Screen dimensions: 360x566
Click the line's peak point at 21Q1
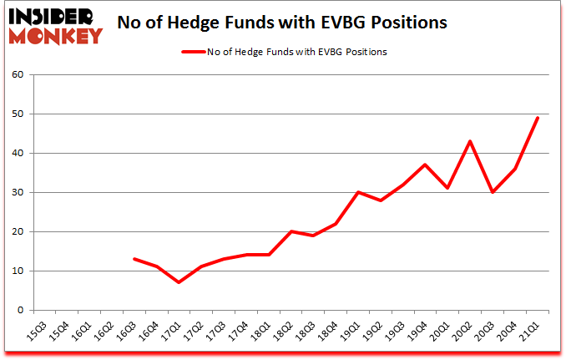(538, 118)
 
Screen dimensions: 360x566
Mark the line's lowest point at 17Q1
(179, 282)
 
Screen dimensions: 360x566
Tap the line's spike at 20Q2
(471, 141)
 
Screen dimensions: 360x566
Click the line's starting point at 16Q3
(134, 259)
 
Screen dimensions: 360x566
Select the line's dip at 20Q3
(493, 192)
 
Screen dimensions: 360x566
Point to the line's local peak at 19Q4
(426, 165)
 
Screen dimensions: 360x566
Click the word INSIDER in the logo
(53, 17)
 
